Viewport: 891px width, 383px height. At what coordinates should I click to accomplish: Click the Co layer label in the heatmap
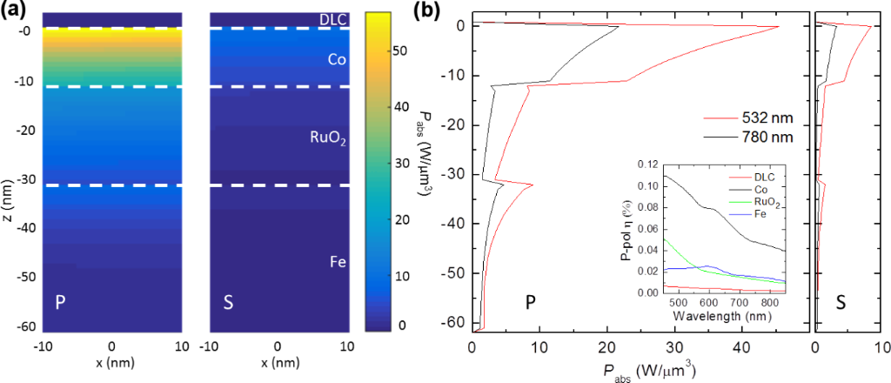(337, 60)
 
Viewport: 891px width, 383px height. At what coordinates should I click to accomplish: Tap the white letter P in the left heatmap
(59, 304)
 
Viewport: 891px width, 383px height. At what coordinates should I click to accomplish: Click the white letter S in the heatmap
(230, 304)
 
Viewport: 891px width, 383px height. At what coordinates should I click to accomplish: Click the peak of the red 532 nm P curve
(779, 27)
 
